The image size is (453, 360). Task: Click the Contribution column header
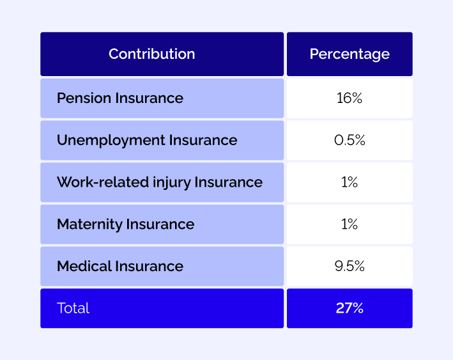tap(151, 54)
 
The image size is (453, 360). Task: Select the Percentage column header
tap(349, 54)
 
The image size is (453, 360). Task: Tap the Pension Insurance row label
tap(120, 98)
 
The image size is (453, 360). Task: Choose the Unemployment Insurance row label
tap(147, 140)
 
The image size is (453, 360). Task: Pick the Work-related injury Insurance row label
tap(160, 182)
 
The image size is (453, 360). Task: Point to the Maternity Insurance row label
tap(125, 224)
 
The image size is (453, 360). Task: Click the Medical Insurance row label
tap(120, 266)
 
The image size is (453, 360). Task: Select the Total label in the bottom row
tap(73, 308)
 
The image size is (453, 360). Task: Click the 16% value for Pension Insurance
tap(349, 98)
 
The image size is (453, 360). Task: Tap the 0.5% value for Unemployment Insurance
tap(349, 140)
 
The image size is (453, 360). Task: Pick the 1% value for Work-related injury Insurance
tap(349, 182)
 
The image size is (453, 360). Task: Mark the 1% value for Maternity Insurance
tap(349, 224)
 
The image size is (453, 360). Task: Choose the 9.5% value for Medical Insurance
tap(349, 266)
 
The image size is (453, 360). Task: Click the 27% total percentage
tap(349, 308)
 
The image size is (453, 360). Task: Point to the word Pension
tap(84, 98)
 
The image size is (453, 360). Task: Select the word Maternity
tap(89, 224)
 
